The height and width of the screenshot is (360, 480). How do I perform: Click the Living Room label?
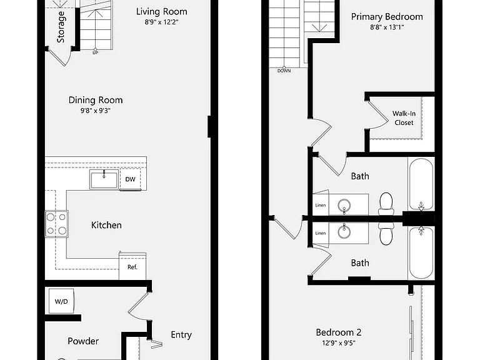point(162,12)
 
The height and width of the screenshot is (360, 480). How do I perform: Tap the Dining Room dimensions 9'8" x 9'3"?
point(96,111)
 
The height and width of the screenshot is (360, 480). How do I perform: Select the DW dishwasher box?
point(131,179)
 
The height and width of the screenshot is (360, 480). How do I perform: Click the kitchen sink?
point(104,180)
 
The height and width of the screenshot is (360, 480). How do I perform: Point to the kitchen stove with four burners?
point(57,224)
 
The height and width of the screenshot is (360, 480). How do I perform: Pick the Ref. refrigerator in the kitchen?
point(132,266)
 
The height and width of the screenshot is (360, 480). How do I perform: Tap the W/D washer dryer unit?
point(61,301)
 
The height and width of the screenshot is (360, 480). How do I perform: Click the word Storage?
point(61,27)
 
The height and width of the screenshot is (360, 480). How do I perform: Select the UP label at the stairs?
point(95,53)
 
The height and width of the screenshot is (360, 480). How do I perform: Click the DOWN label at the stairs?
point(284,71)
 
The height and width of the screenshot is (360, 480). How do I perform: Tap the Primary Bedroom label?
point(387,17)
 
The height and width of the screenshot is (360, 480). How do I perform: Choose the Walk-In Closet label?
point(404,118)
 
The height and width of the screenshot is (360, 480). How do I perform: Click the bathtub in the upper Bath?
point(421,184)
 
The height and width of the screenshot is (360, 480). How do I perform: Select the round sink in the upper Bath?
point(344,205)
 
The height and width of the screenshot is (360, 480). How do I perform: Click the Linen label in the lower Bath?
point(321,233)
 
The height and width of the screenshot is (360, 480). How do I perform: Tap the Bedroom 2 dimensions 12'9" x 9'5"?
point(339,343)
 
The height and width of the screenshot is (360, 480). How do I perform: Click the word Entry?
point(181,335)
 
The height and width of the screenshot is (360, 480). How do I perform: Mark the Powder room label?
point(83,341)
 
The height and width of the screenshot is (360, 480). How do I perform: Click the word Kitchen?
point(106,225)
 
